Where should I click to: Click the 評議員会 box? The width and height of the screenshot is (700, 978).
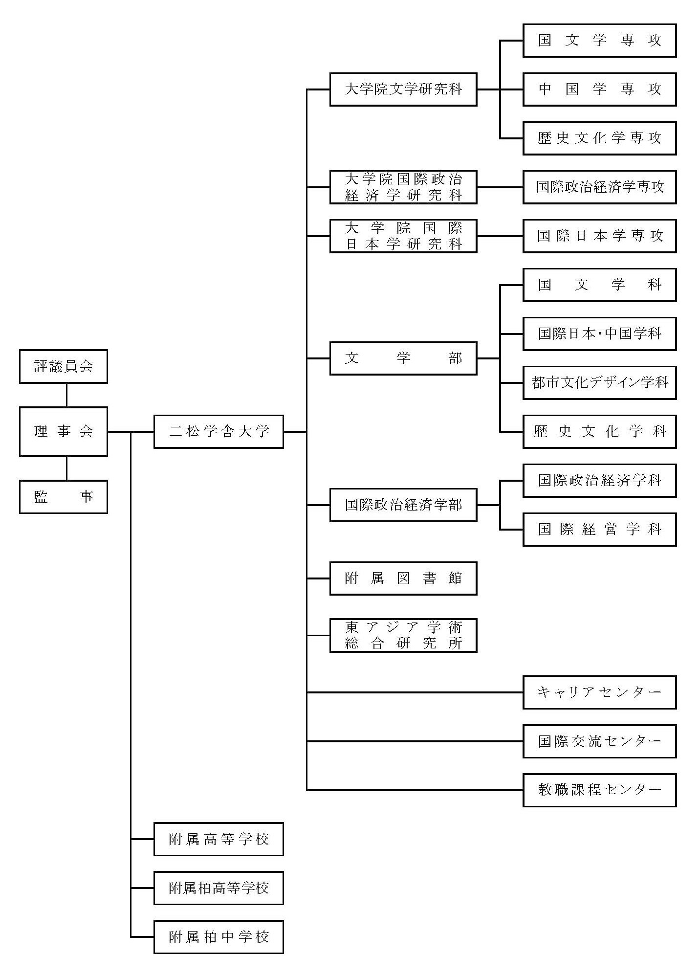64,366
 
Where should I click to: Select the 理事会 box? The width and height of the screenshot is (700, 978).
64,431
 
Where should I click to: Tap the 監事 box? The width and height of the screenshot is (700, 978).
64,497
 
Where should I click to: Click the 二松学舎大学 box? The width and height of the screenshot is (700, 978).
219,431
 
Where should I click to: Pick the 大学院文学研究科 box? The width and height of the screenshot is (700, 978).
403,89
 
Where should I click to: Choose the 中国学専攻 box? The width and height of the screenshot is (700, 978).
599,89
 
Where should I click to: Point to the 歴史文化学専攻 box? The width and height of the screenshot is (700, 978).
599,138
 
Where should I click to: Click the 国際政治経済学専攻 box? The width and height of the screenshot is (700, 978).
599,187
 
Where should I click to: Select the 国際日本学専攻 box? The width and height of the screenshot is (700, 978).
599,236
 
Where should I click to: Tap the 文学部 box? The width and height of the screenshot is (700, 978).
403,358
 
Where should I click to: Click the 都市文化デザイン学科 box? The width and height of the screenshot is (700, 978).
599,383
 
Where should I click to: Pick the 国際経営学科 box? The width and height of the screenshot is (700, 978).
599,530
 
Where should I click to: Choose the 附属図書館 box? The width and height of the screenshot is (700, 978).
403,578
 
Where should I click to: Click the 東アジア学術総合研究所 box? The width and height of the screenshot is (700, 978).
403,636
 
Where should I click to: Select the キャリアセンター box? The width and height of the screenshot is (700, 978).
599,692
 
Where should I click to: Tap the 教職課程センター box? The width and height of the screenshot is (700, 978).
599,790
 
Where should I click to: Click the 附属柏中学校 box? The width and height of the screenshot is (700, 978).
219,937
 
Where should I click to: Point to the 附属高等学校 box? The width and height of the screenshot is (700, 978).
219,839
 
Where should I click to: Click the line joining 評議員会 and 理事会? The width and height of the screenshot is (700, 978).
66,395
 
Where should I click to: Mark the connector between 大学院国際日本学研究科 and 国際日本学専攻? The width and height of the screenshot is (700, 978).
500,236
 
